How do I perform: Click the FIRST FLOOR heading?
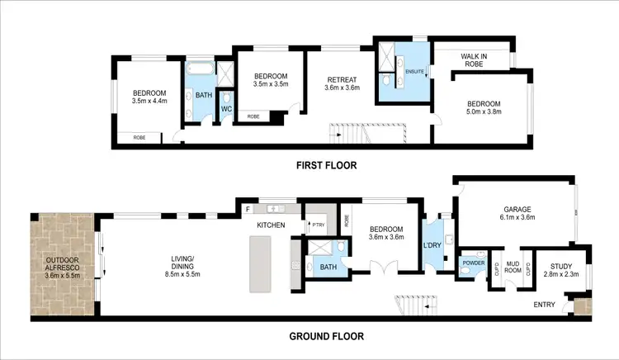click(327, 165)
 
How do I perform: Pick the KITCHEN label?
click(271, 225)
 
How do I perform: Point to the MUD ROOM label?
click(513, 266)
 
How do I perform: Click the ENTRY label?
click(544, 304)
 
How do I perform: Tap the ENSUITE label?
click(414, 73)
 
